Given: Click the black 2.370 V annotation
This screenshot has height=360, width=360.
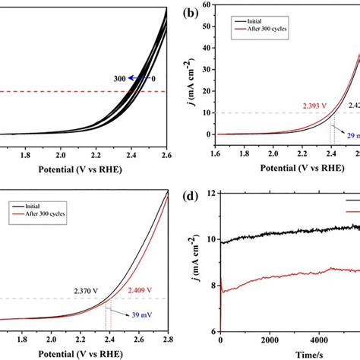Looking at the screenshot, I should pyautogui.click(x=88, y=289).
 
